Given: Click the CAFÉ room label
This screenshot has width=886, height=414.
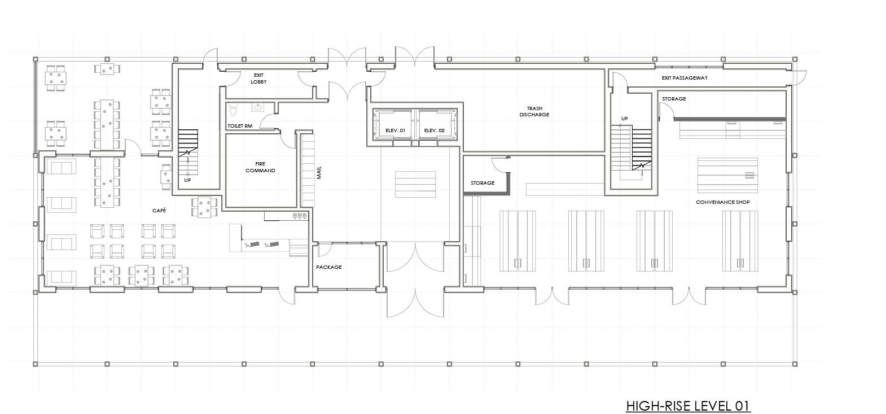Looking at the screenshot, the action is tap(159, 211).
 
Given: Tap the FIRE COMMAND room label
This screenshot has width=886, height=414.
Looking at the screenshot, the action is tap(260, 167).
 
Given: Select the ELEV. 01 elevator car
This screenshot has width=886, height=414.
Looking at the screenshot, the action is tap(394, 124).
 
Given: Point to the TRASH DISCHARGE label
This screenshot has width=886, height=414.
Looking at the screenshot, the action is tap(534, 111).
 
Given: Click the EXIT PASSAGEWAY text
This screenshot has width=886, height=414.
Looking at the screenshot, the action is tap(685, 78).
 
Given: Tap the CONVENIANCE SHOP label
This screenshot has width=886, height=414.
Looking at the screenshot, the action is tap(723, 202).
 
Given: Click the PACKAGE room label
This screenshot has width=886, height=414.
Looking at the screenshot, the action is tap(328, 267).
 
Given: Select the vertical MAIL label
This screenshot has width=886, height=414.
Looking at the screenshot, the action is tap(319, 173).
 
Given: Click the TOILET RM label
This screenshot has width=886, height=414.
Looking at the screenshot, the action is tap(240, 126).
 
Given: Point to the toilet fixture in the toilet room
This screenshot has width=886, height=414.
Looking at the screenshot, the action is tap(233, 109).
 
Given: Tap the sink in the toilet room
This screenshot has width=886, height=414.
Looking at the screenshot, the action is tap(258, 107).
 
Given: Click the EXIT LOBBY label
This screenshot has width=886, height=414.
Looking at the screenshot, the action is tap(258, 79).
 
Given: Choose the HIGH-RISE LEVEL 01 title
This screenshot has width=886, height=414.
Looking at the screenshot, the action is tap(688, 406).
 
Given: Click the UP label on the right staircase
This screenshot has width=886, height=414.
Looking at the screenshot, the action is tap(625, 119).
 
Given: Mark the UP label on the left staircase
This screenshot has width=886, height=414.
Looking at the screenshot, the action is tap(187, 180).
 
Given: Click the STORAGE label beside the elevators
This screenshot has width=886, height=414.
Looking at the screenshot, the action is tap(483, 183).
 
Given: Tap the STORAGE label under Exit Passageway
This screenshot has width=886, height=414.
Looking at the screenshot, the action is tap(674, 99).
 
